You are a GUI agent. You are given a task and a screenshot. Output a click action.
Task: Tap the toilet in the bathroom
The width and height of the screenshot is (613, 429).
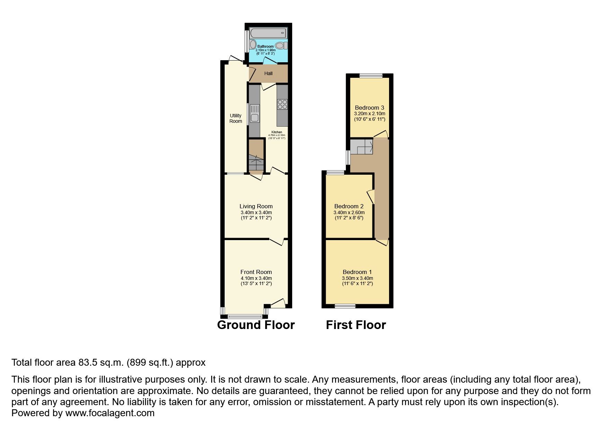(x=282, y=45)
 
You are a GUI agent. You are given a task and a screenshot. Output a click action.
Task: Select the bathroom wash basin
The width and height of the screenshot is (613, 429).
(x=253, y=45)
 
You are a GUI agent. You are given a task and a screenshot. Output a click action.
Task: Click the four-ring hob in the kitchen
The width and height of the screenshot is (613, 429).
(x=282, y=104)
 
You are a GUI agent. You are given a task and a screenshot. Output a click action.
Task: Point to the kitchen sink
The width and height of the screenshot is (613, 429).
(x=255, y=113)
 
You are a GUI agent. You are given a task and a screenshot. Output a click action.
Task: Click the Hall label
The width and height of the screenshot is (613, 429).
(x=268, y=73)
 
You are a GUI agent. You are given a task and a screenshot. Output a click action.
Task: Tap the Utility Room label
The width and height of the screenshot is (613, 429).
(x=236, y=118)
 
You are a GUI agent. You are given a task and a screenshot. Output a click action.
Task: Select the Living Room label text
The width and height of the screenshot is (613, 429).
(x=256, y=206)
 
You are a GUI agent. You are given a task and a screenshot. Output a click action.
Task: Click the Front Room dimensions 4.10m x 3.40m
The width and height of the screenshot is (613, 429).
(x=256, y=278)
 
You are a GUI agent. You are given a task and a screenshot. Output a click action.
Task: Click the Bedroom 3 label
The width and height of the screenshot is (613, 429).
(x=369, y=108)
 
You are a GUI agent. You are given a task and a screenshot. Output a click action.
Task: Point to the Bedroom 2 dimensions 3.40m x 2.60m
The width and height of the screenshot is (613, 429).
(x=349, y=212)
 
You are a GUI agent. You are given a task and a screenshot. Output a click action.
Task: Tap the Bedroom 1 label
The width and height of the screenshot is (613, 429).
(x=357, y=272)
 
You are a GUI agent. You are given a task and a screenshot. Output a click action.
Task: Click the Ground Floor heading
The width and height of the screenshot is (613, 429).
(x=256, y=325)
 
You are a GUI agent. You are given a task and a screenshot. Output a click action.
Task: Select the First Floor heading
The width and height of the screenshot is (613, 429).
(x=356, y=325)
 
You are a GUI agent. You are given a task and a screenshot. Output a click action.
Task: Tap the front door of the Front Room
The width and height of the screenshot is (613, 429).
(x=278, y=303)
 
